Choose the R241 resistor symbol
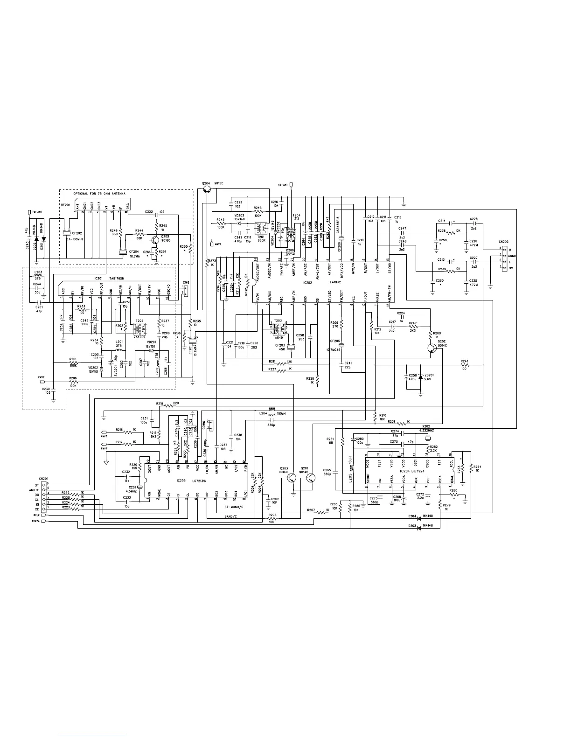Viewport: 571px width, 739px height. coord(464,366)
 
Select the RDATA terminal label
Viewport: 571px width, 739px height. coord(35,522)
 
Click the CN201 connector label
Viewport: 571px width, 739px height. coord(43,478)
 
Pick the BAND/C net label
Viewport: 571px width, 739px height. coord(231,516)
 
